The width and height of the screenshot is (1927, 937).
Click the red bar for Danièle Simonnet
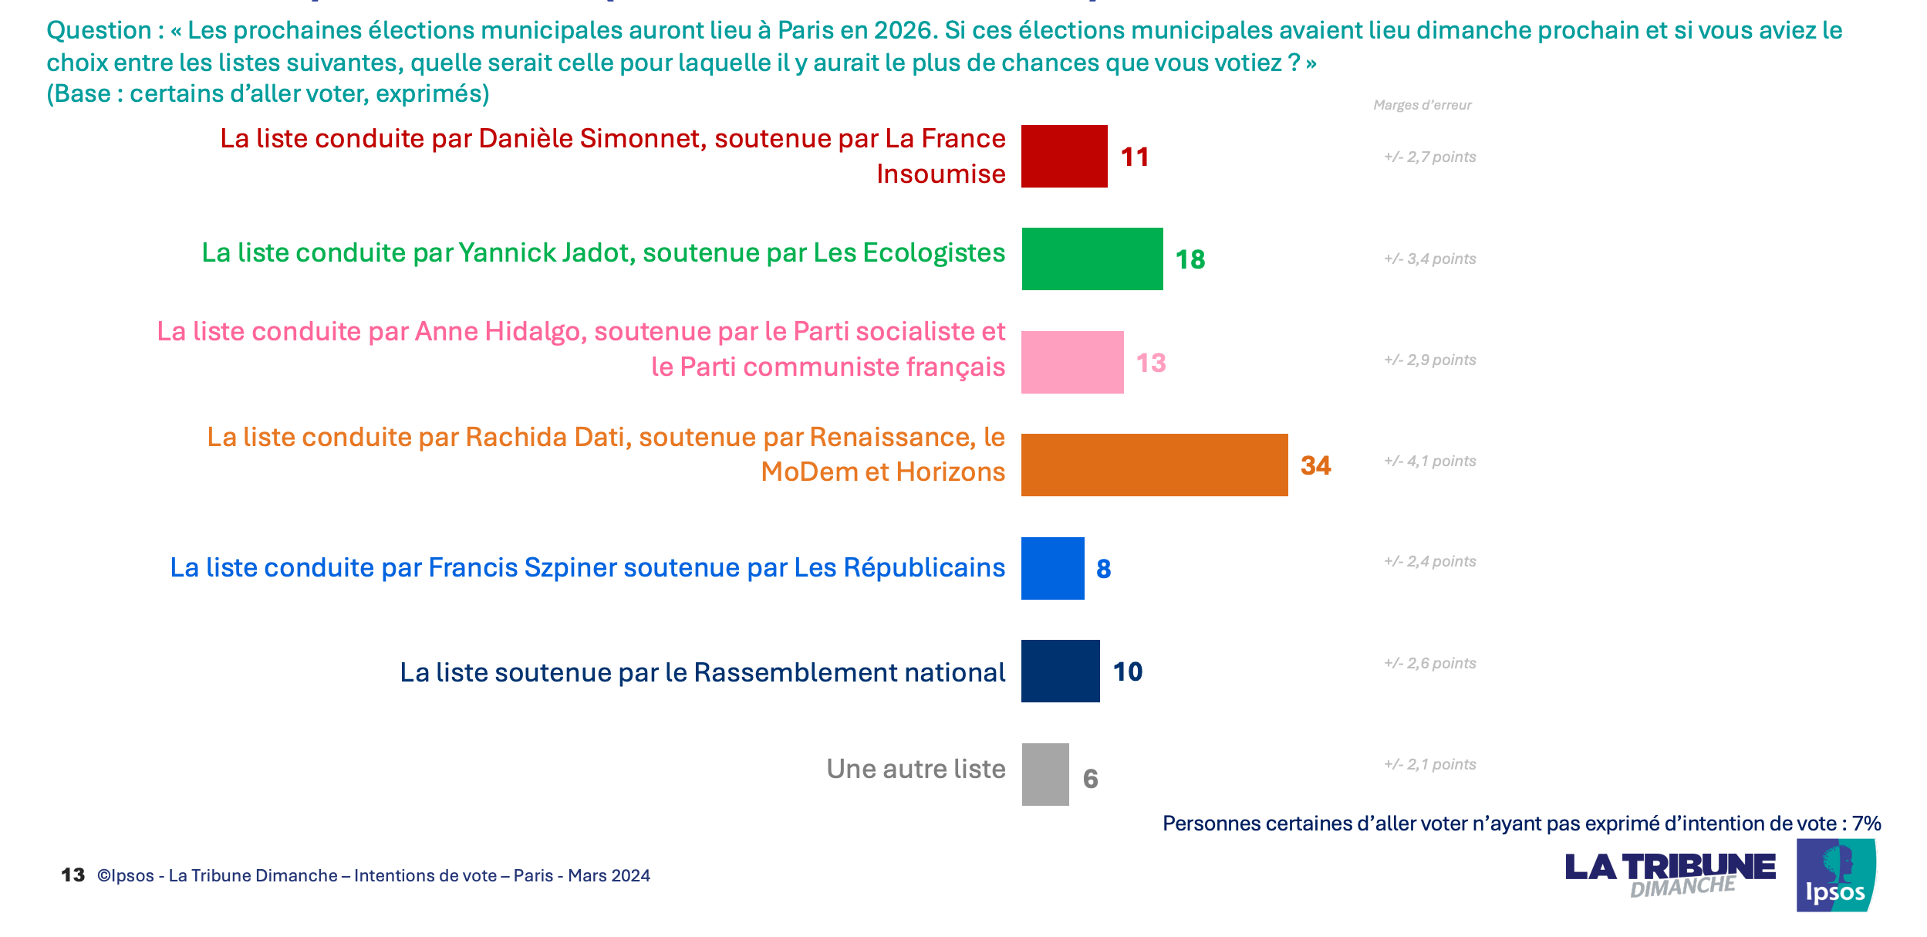tap(1064, 157)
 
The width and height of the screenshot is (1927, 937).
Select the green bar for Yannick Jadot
tap(1092, 259)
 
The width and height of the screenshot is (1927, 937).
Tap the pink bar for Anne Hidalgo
tap(1072, 362)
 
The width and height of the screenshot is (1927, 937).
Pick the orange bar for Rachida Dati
tap(1154, 465)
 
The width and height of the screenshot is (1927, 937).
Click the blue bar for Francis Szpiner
tap(1052, 568)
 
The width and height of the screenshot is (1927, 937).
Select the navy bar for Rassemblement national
tap(1060, 671)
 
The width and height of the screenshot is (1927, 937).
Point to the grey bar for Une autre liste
tap(1045, 774)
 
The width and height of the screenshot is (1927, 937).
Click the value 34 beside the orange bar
tap(1315, 465)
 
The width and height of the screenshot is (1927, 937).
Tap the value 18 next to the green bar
tap(1190, 259)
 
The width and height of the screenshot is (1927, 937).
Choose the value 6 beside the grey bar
tap(1090, 779)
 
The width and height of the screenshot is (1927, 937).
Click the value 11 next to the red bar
tap(1135, 157)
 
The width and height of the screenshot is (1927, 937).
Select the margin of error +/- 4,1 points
tap(1429, 462)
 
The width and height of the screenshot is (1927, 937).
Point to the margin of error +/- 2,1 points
tap(1429, 765)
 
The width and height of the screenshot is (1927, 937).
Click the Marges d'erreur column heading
tap(1422, 105)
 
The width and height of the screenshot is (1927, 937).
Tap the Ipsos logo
tap(1835, 876)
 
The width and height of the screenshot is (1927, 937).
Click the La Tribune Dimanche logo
tap(1669, 874)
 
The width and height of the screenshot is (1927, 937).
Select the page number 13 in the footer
tap(73, 875)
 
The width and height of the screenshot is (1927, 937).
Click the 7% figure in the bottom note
tap(1867, 824)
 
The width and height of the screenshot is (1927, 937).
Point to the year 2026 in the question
tap(903, 30)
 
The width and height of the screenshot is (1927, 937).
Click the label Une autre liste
tap(916, 769)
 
